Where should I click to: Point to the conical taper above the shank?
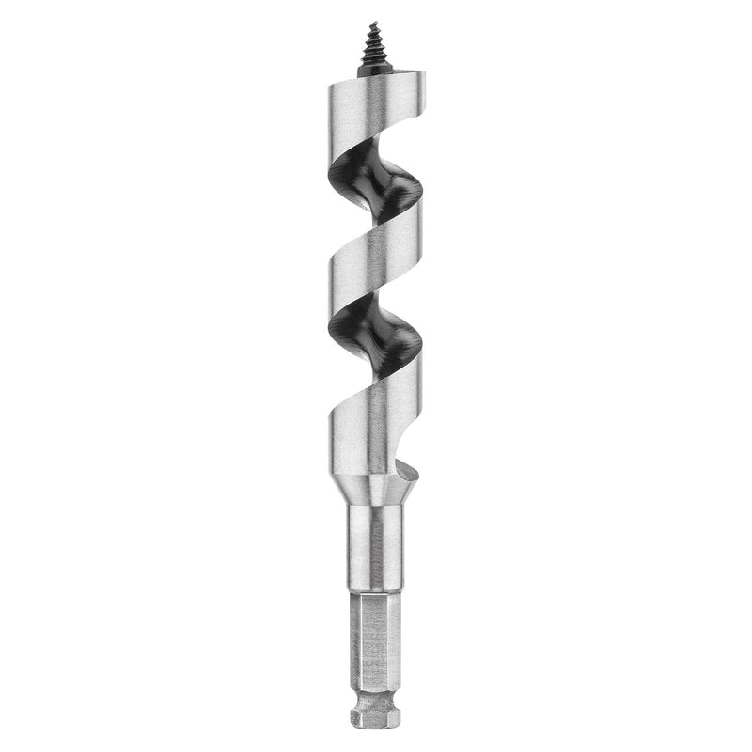(376, 491)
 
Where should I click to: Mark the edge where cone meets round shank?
(376, 505)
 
